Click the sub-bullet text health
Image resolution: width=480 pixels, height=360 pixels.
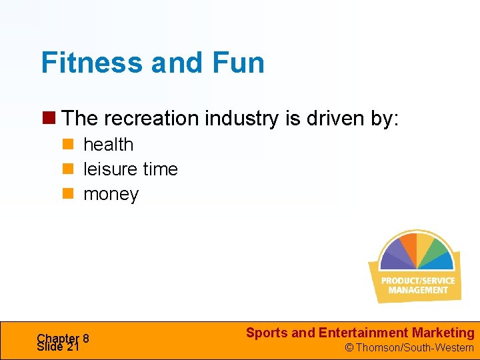pyautogui.click(x=108, y=145)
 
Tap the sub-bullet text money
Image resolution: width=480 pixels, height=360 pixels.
pyautogui.click(x=111, y=194)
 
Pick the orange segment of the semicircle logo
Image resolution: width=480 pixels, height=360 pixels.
pyautogui.click(x=406, y=243)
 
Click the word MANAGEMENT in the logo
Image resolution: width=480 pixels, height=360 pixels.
pyautogui.click(x=418, y=290)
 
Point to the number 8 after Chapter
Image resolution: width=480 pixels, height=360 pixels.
pyautogui.click(x=86, y=338)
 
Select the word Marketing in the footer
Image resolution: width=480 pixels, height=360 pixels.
pyautogui.click(x=443, y=333)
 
